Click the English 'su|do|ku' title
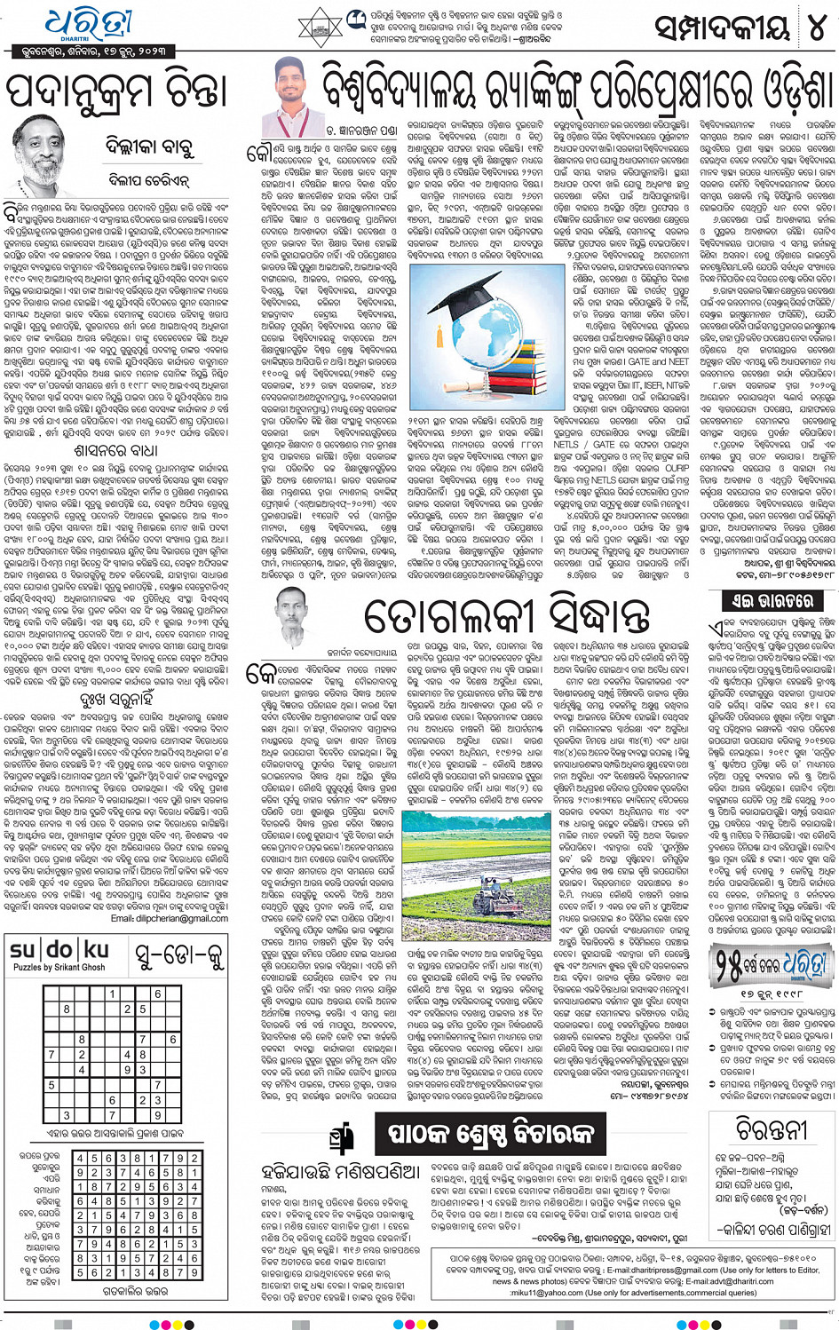coord(59,952)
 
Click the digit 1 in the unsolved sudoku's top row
coord(113,994)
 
